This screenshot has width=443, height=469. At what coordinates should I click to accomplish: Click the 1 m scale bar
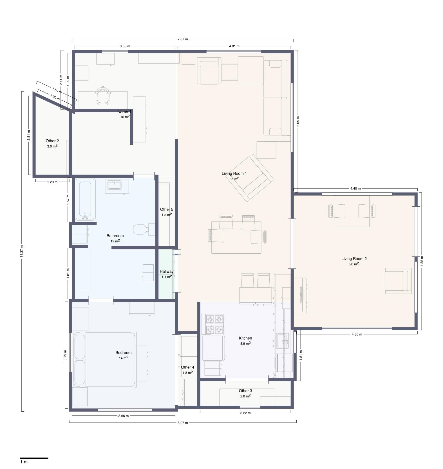tap(34, 458)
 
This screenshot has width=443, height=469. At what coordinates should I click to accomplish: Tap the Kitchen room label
tap(245, 338)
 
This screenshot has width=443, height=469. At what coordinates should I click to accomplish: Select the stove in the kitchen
tap(214, 324)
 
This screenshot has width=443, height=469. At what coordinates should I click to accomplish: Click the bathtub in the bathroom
tap(85, 199)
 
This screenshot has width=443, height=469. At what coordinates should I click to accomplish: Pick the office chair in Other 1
tap(103, 95)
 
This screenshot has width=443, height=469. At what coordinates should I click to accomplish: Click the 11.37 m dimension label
tap(22, 251)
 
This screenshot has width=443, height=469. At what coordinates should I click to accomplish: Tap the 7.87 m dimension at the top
tap(183, 39)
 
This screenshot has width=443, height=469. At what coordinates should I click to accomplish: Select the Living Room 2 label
tap(354, 259)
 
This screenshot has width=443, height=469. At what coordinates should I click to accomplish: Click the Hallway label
tap(167, 271)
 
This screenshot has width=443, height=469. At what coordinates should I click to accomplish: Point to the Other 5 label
tap(167, 209)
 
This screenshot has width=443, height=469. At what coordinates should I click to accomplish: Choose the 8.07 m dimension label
tap(183, 423)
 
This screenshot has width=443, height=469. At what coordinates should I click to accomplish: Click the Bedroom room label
tap(123, 352)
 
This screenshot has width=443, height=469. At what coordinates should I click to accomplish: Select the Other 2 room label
tap(52, 141)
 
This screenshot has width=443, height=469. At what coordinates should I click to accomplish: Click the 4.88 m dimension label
tap(421, 261)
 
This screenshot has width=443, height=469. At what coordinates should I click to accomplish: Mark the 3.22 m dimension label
tap(245, 413)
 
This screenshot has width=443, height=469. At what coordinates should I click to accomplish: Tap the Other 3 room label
tap(245, 391)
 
